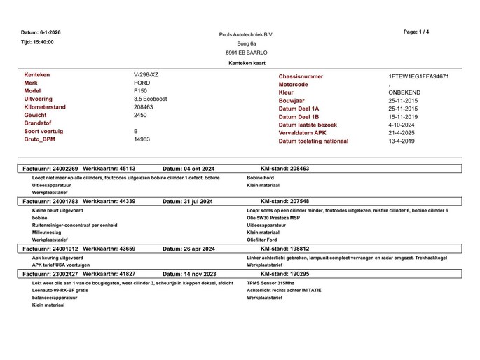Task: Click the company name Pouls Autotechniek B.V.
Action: pos(246,34)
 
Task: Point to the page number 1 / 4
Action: pos(417,32)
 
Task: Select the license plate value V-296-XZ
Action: pos(146,74)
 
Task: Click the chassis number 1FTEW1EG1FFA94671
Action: pos(418,76)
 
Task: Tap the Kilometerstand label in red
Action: pos(45,107)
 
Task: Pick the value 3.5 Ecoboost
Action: pos(150,99)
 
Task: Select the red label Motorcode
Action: pos(293,85)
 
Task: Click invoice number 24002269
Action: pos(62,169)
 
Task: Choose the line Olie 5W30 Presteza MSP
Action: pos(273,218)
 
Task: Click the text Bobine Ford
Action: pos(261,177)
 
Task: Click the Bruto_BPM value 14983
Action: pos(142,139)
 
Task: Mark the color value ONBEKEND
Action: pos(404,92)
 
